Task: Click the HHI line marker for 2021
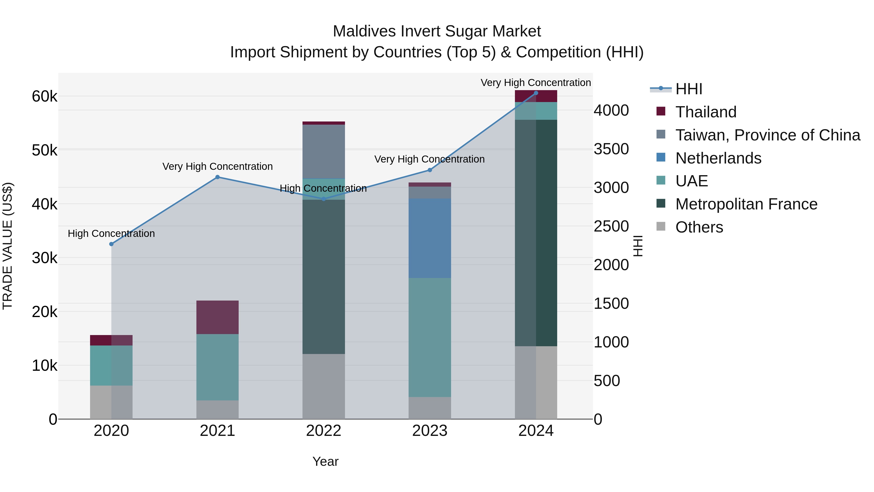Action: coord(218,177)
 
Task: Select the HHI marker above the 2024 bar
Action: coord(536,93)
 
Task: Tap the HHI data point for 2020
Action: coord(111,244)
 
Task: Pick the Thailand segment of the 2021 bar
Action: coord(218,317)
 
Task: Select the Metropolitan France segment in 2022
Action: coord(323,276)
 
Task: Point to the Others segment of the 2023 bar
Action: coord(429,407)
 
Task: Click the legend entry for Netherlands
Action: coord(718,158)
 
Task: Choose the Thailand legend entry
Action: coord(706,112)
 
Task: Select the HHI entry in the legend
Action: coord(689,89)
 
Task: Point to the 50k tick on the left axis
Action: coord(45,150)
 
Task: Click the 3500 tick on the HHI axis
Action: coord(611,149)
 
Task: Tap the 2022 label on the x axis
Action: coord(323,431)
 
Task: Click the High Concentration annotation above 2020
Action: coord(111,233)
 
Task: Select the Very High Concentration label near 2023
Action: coord(429,159)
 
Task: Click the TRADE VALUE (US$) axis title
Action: coord(8,246)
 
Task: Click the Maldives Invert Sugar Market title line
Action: coord(437,31)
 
